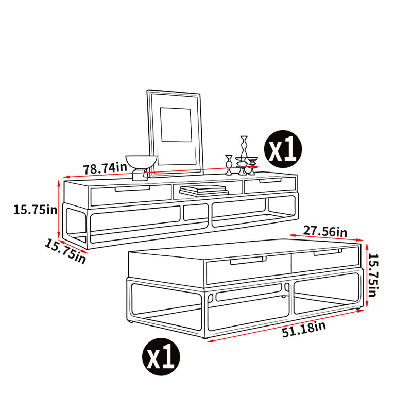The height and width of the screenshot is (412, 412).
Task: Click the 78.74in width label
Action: pos(105,168)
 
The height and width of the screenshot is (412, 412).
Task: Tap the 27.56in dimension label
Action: pos(325,231)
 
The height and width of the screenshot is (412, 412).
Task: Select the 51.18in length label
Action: pos(304,329)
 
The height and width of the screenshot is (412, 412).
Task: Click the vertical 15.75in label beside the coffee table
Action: pos(372,275)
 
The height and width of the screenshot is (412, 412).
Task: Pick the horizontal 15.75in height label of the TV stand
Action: pos(35,210)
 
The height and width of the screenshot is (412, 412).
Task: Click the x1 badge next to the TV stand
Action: pos(283,149)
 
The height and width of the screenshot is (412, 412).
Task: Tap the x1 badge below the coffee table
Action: pos(161,356)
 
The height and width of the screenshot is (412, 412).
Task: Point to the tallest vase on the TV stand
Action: pos(244,154)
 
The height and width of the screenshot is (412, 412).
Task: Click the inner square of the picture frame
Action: pos(176,125)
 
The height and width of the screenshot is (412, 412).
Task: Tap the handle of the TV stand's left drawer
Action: pos(133,188)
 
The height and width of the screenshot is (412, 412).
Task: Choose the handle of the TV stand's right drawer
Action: pos(270,181)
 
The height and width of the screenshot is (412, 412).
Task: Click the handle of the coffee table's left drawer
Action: pos(248,261)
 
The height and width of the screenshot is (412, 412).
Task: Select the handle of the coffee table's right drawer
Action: pos(328,252)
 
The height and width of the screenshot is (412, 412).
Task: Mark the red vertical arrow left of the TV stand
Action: pos(59,209)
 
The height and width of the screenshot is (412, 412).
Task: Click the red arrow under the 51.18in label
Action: pos(285,326)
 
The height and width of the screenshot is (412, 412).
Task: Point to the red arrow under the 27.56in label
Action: pos(325,237)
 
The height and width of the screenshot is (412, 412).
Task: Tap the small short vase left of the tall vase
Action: pos(229,165)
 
